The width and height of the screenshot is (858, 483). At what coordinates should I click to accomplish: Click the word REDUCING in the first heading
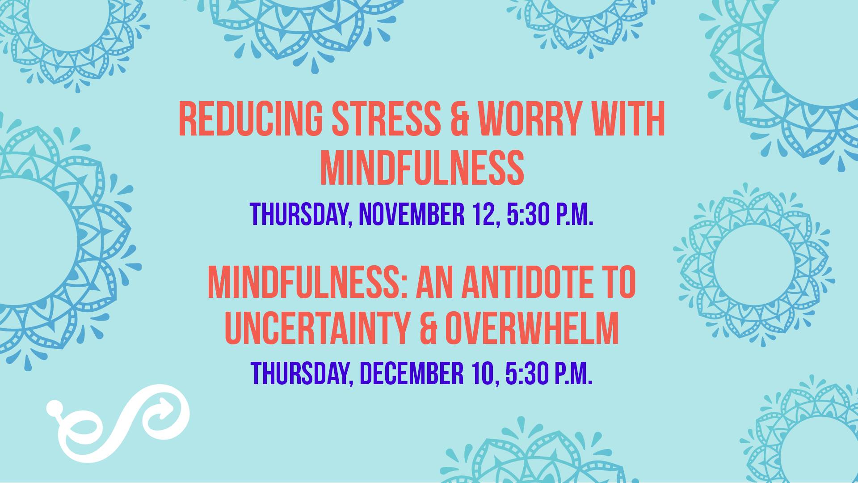tap(250, 119)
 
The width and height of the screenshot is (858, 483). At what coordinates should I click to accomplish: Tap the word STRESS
tap(386, 119)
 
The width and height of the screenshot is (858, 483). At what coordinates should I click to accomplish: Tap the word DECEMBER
tap(411, 374)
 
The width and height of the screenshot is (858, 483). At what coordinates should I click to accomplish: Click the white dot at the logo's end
tap(53, 407)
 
